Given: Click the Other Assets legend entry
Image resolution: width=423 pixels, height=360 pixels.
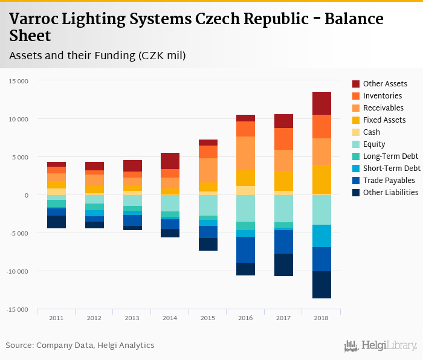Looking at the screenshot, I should click(x=385, y=84).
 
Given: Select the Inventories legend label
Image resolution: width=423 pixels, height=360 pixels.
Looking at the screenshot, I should click(x=383, y=96).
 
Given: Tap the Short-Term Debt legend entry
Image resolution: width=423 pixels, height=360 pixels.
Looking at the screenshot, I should click(x=392, y=169).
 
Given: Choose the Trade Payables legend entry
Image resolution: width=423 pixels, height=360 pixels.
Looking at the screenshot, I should click(x=389, y=181).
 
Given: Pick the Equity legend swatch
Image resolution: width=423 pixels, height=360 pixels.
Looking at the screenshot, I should click(x=356, y=144).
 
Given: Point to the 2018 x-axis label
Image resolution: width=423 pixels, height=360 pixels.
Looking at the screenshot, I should click(x=321, y=318).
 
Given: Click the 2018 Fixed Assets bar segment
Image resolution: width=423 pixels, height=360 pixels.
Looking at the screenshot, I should click(x=321, y=179).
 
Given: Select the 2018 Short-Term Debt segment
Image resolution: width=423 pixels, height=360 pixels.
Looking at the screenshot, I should click(x=321, y=236).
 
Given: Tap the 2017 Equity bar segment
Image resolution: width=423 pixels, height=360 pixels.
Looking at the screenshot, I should click(x=283, y=208).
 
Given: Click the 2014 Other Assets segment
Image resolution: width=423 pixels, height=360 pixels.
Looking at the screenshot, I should click(x=170, y=161).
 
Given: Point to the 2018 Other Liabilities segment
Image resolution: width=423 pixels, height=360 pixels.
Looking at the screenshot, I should click(x=321, y=285).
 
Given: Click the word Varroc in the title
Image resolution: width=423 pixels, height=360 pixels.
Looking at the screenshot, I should click(x=37, y=19).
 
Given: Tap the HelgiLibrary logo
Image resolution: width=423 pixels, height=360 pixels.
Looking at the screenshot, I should click(x=380, y=346).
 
